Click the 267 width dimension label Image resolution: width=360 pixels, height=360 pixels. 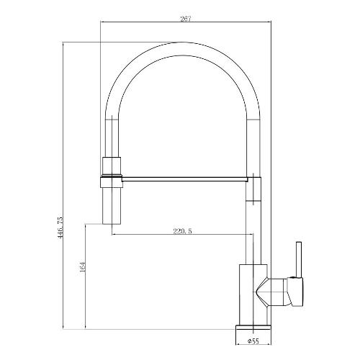[185, 19]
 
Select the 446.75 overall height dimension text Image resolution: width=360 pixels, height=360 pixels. [60, 228]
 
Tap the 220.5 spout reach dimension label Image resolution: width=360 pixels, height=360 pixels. [183, 231]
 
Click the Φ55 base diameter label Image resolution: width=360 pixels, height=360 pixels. [253, 341]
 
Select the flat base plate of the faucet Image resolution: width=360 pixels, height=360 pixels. [253, 328]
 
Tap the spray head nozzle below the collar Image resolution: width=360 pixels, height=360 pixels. [112, 206]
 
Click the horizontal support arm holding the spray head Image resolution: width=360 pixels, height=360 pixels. [185, 179]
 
